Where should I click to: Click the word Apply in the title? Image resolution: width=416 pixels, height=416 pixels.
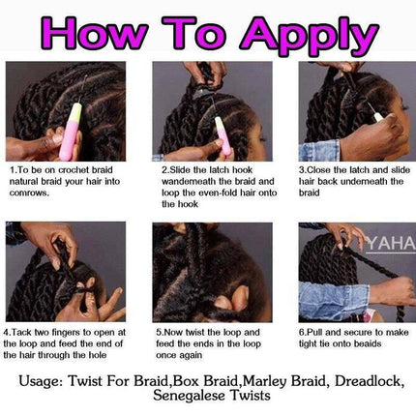(309, 35)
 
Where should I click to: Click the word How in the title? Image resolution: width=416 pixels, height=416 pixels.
(94, 32)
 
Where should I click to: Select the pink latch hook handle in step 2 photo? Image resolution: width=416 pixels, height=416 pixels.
(223, 136)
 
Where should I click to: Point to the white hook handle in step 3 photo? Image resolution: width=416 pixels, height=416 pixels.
(378, 117)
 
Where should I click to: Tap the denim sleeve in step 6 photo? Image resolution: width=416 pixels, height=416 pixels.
(333, 300)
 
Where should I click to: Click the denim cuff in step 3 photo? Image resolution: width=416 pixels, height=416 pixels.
(319, 150)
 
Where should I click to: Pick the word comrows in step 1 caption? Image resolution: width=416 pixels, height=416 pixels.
(29, 193)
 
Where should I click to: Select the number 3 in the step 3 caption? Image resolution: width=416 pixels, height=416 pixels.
(301, 170)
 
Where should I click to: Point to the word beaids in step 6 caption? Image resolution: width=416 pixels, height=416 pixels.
(368, 343)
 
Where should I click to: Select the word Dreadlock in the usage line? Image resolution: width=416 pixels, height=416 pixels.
(370, 381)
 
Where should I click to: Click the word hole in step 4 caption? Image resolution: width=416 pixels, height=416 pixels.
(98, 355)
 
